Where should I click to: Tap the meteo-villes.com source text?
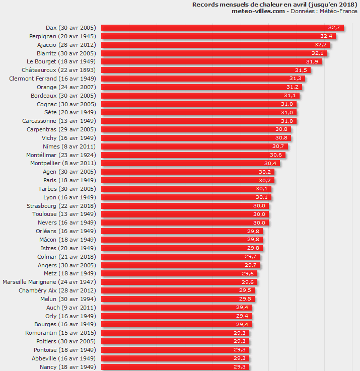pyautogui.click(x=258, y=11)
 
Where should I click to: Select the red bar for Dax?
pyautogui.click(x=222, y=28)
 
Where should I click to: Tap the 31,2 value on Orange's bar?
pyautogui.click(x=293, y=87)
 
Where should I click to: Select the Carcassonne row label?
pyautogui.click(x=59, y=121)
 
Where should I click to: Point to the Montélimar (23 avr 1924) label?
pyautogui.click(x=61, y=155)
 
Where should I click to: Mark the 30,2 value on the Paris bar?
pyautogui.click(x=265, y=180)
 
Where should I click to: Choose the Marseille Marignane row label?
pyautogui.click(x=49, y=282)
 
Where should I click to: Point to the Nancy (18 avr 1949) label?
pyautogui.click(x=68, y=367)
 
